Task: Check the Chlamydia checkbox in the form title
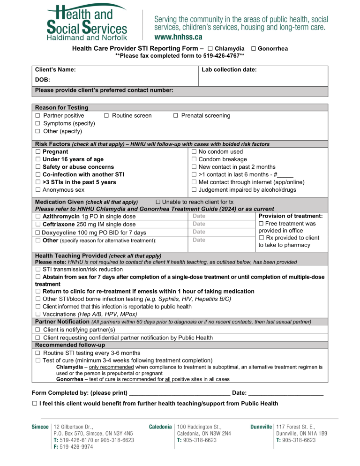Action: coord(210,49)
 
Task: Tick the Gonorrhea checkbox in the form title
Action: coord(254,49)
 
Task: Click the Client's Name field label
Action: coord(56,70)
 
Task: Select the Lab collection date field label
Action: coord(229,70)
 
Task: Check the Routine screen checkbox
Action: coord(106,116)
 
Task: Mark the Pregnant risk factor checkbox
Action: coord(37,152)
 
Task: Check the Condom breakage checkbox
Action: coord(194,159)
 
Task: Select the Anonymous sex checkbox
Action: coord(37,190)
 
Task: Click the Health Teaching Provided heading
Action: coord(71,256)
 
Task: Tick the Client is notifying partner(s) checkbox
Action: coord(37,330)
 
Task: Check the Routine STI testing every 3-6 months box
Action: coord(37,353)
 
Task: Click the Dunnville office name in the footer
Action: coord(261,427)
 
